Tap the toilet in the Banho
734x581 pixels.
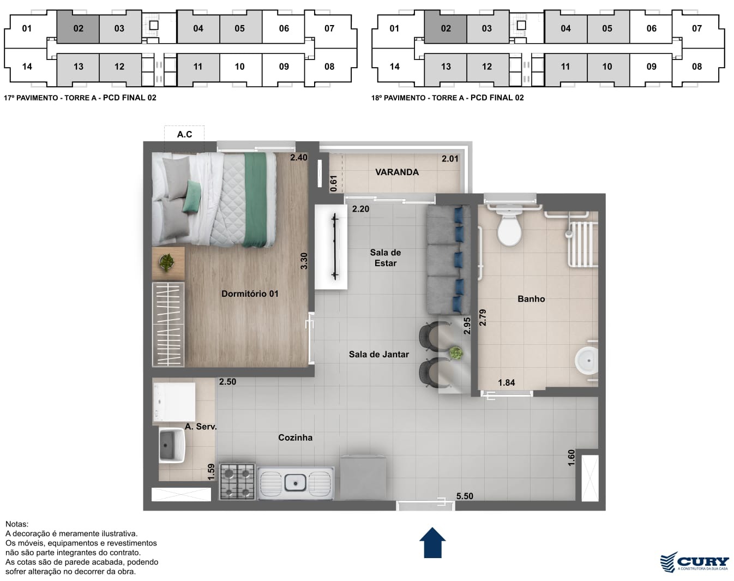click(509, 225)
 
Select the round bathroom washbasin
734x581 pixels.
click(586, 361)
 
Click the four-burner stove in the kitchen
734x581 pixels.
click(237, 482)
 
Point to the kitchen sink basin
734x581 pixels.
click(296, 483)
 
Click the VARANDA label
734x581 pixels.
click(397, 172)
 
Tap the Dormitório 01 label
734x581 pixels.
click(250, 294)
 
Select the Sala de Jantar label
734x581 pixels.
click(378, 355)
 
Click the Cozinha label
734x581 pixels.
click(295, 438)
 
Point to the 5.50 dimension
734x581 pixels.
click(465, 496)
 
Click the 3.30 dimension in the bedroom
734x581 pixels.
click(304, 261)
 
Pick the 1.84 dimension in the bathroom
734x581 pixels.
click(506, 383)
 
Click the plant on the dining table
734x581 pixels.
click(456, 353)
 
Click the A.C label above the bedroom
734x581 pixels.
click(184, 134)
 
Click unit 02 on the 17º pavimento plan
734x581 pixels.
click(78, 28)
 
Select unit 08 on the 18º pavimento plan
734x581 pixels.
click(697, 67)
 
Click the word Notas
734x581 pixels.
click(17, 524)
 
